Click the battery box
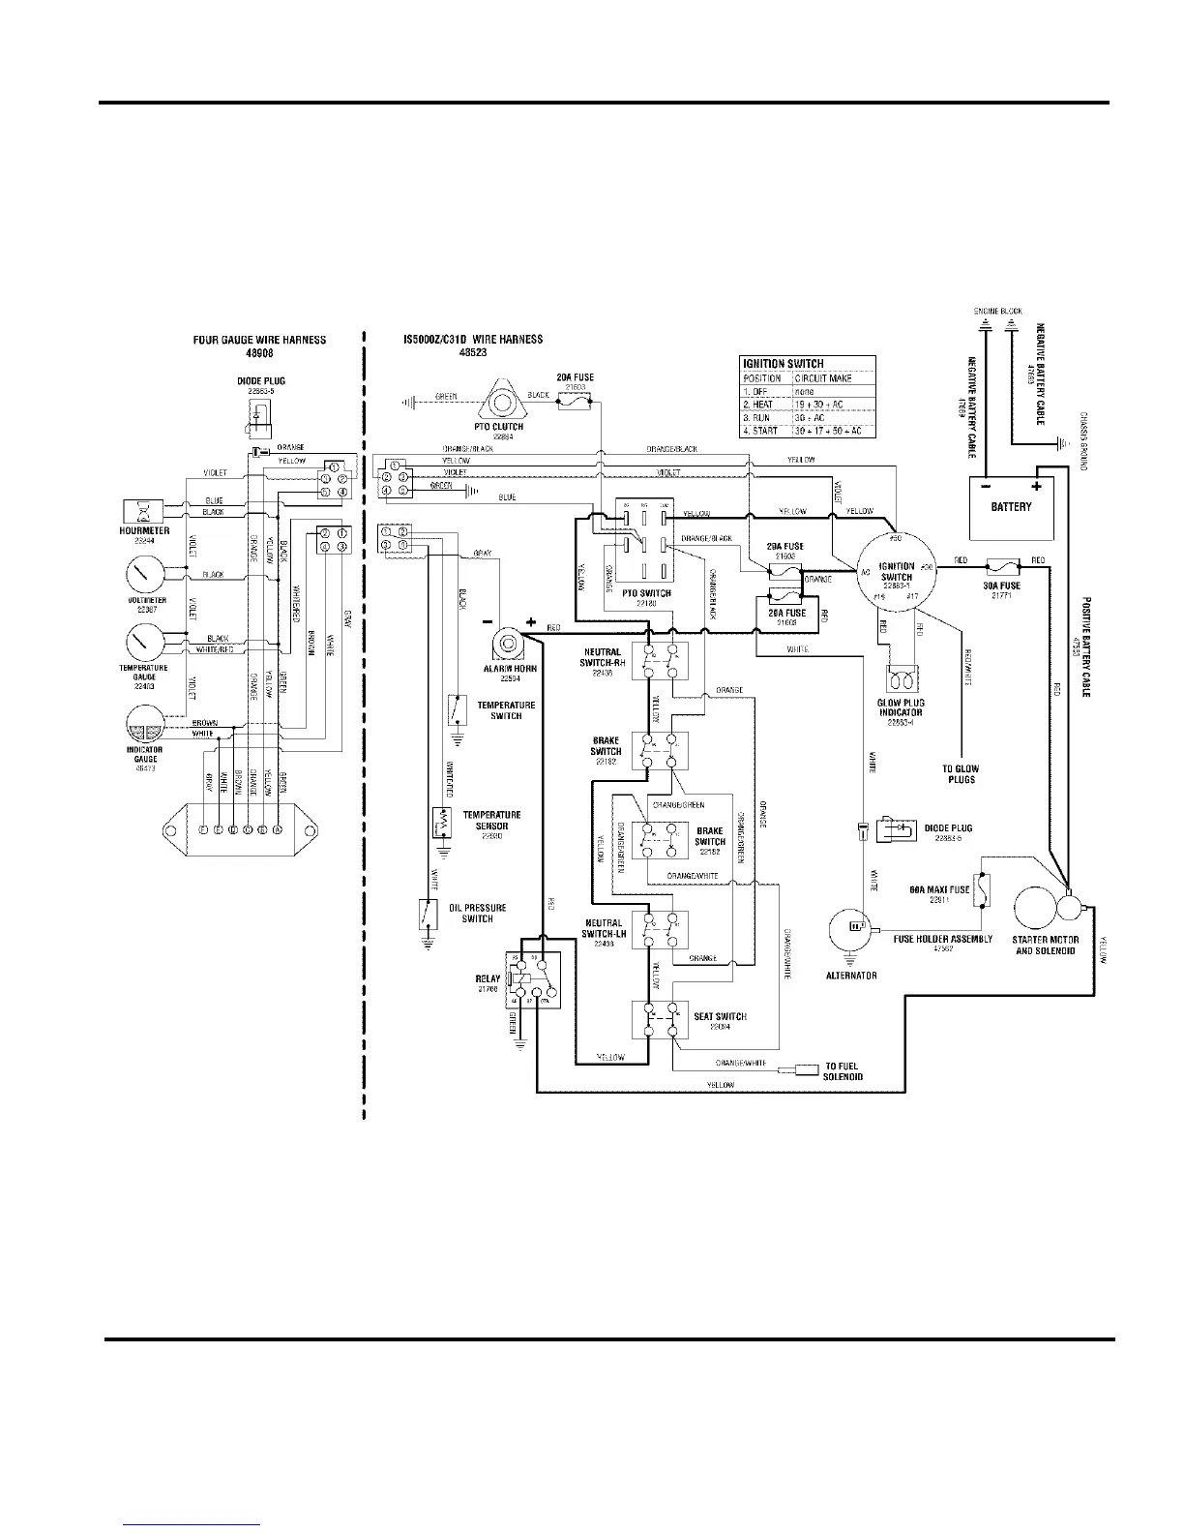(1011, 507)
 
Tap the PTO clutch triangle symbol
(502, 397)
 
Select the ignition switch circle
(897, 571)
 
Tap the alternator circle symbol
(850, 930)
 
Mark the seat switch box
(660, 1019)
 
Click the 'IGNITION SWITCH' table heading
(784, 364)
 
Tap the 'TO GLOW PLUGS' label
(961, 773)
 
